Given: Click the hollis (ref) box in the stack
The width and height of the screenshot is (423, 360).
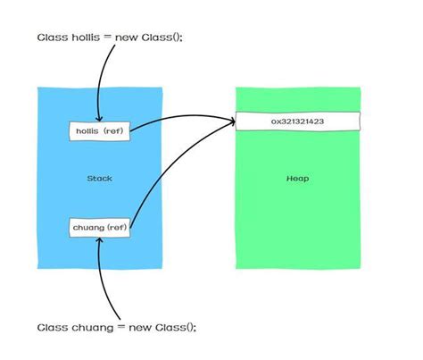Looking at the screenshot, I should pyautogui.click(x=100, y=131).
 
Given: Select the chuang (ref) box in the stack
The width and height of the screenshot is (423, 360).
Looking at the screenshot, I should pyautogui.click(x=100, y=227).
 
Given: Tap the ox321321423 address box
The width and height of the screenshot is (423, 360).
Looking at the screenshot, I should pyautogui.click(x=297, y=121).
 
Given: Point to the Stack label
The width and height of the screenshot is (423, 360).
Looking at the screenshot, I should pyautogui.click(x=99, y=179).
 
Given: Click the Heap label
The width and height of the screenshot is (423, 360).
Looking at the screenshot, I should pyautogui.click(x=297, y=179).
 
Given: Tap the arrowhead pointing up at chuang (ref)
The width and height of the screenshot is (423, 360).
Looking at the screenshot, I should pyautogui.click(x=100, y=240).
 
